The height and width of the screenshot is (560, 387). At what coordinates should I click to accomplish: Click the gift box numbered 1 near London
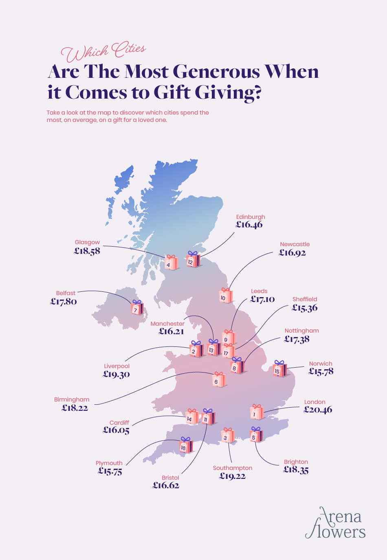(x=256, y=412)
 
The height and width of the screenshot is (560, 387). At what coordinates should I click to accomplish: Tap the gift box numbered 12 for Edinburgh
(x=193, y=260)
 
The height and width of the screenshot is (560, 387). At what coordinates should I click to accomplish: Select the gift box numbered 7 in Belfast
(x=137, y=308)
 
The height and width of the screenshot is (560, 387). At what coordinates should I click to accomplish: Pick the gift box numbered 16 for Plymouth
(x=185, y=445)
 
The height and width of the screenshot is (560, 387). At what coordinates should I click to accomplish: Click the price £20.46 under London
(x=318, y=410)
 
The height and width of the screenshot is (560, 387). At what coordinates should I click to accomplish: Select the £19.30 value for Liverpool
(x=116, y=374)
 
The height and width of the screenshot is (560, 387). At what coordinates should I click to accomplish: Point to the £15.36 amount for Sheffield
(x=304, y=308)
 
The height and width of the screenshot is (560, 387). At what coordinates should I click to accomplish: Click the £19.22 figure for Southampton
(x=232, y=476)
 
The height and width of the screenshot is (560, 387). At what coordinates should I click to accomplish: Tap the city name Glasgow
(x=87, y=242)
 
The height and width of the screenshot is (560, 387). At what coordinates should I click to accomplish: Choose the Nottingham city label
(x=301, y=331)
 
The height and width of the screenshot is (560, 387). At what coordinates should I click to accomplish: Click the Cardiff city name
(x=119, y=423)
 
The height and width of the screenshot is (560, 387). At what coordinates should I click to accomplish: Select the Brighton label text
(x=296, y=462)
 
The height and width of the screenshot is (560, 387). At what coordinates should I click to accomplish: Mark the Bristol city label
(x=170, y=478)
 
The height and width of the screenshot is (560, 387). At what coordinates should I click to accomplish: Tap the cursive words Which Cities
(x=103, y=51)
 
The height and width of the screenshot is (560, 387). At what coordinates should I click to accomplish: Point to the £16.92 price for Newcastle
(x=292, y=253)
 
